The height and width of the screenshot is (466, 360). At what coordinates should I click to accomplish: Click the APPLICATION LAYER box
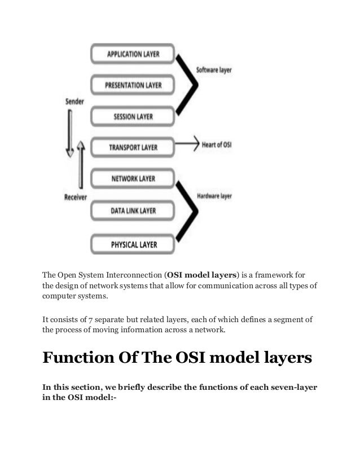[133, 55]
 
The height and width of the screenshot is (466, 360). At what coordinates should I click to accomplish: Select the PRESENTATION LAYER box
[133, 86]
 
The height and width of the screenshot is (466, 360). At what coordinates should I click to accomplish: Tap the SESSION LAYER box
[133, 117]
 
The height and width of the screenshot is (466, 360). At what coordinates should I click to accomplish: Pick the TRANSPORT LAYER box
[133, 148]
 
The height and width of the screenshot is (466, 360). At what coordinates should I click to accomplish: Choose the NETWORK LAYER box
[133, 179]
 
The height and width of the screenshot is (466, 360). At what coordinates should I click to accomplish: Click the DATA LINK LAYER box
[133, 210]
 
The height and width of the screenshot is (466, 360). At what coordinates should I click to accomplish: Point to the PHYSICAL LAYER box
[133, 245]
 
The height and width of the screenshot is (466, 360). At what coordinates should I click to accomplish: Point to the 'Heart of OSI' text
[217, 145]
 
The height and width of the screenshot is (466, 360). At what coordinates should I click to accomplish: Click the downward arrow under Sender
[70, 133]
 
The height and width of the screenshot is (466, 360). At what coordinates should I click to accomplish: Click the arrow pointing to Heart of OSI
[187, 145]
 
